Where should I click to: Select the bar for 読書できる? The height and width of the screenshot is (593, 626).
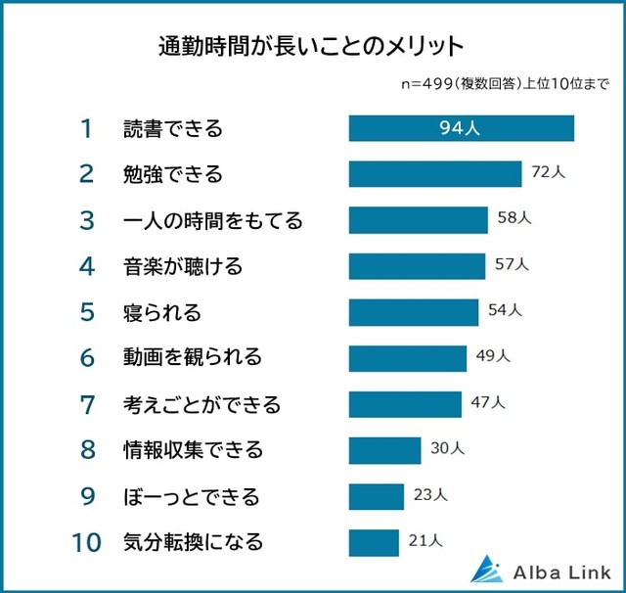coord(461,128)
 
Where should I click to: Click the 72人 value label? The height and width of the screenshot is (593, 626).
coord(548,172)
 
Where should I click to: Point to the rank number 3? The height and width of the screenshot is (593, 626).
coord(87,220)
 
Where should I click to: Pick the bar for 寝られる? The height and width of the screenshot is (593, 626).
coord(416,312)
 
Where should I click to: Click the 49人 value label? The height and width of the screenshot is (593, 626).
coord(493,356)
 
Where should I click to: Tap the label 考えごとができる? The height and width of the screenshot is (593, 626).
coord(202,404)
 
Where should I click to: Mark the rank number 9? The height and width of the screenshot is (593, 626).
coord(87,496)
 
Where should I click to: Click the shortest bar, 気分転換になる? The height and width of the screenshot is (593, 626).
coord(374,542)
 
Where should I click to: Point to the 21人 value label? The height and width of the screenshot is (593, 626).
coord(425,540)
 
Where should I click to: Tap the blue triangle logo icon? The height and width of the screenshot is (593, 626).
coord(486,569)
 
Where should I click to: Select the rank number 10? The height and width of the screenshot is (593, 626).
coord(86,542)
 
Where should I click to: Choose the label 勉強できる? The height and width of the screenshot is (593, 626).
coord(173,174)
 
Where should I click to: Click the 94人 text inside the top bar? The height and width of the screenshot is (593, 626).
coord(460,128)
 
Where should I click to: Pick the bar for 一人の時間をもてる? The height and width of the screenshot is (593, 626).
coord(418,220)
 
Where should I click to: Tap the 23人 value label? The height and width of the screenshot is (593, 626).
coord(430,494)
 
